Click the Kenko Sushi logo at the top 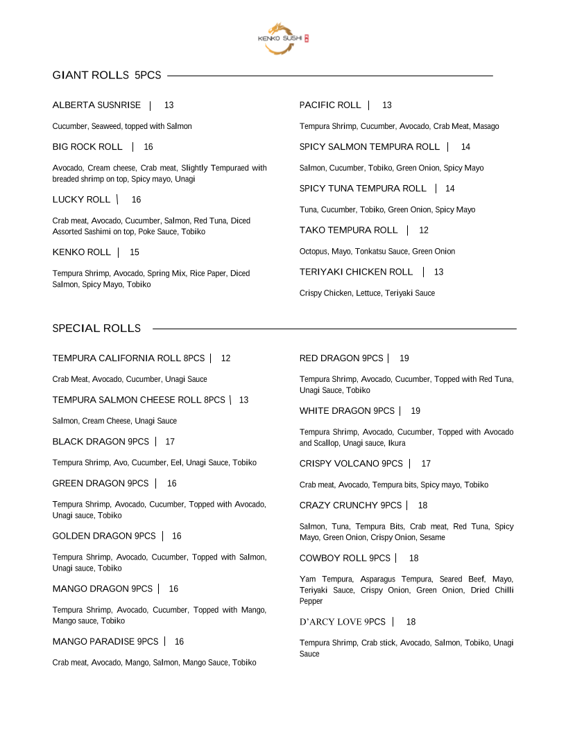[x=282, y=38]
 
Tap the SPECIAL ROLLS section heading [x=96, y=329]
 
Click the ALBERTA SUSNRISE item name [x=96, y=105]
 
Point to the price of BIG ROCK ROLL [x=148, y=147]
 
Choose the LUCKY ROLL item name [x=81, y=200]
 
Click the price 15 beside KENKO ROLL [x=135, y=252]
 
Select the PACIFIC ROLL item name [x=330, y=105]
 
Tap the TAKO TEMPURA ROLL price [x=424, y=230]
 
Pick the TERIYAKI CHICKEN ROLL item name [x=356, y=272]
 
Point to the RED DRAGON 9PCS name [x=341, y=358]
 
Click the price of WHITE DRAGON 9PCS [x=415, y=411]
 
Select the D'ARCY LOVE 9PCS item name [x=342, y=622]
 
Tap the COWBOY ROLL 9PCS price [x=413, y=558]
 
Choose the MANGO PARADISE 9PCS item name [x=105, y=642]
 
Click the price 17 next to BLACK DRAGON [x=170, y=442]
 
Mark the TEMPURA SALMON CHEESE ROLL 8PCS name [x=139, y=400]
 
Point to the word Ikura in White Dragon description [x=397, y=444]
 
